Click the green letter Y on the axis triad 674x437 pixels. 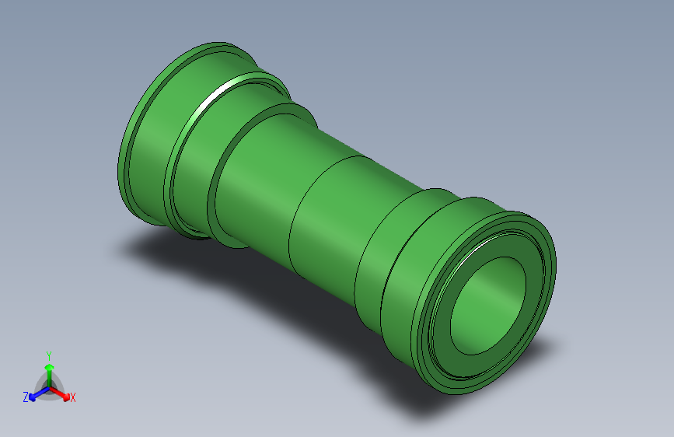(49, 355)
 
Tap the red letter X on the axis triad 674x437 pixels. (72, 397)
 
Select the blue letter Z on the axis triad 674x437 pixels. (26, 397)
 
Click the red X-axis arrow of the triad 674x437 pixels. (59, 393)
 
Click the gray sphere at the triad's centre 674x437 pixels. (50, 387)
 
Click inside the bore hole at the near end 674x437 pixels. (488, 306)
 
